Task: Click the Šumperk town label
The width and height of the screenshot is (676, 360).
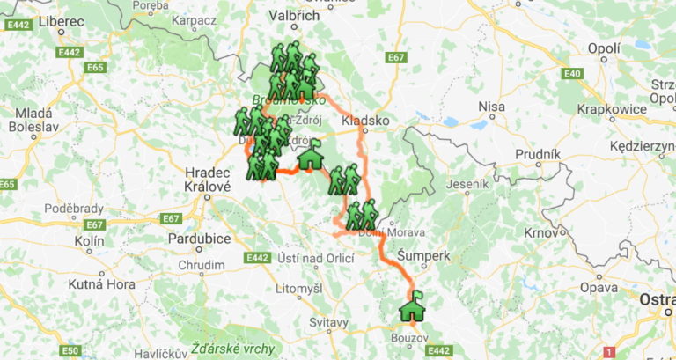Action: (423, 254)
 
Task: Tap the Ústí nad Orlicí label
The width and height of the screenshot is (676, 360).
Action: (315, 257)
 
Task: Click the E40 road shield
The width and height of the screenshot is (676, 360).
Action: (571, 73)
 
